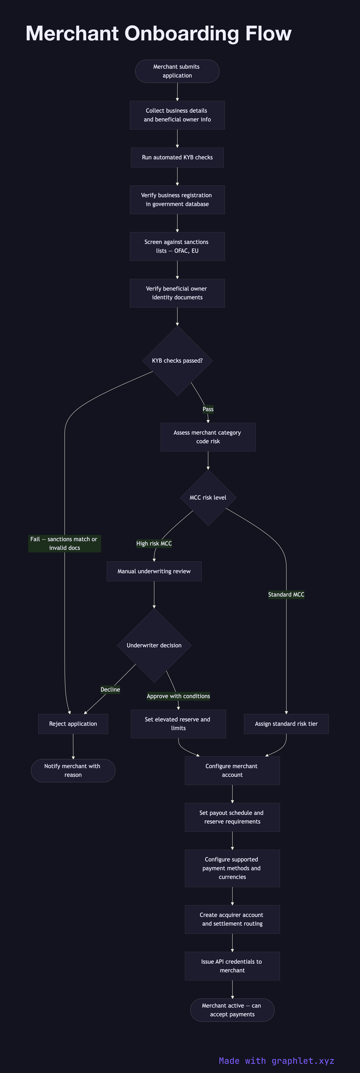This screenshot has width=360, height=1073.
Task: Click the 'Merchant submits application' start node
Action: (177, 71)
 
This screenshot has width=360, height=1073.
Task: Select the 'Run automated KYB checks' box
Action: (177, 157)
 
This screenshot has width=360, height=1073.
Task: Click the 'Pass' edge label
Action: (208, 409)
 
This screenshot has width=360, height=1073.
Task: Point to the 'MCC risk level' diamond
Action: (208, 498)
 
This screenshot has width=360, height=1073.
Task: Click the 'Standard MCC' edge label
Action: (286, 594)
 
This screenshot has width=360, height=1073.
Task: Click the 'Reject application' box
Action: (73, 724)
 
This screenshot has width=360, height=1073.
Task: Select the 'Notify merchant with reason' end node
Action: (73, 771)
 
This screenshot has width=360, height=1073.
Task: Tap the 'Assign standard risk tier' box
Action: (286, 724)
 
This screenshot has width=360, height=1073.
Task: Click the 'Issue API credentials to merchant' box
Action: (232, 966)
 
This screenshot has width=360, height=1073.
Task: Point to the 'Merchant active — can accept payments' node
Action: (232, 1010)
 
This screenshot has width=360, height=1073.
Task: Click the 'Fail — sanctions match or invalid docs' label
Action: (65, 544)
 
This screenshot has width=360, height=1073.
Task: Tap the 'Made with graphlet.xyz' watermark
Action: (276, 1061)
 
